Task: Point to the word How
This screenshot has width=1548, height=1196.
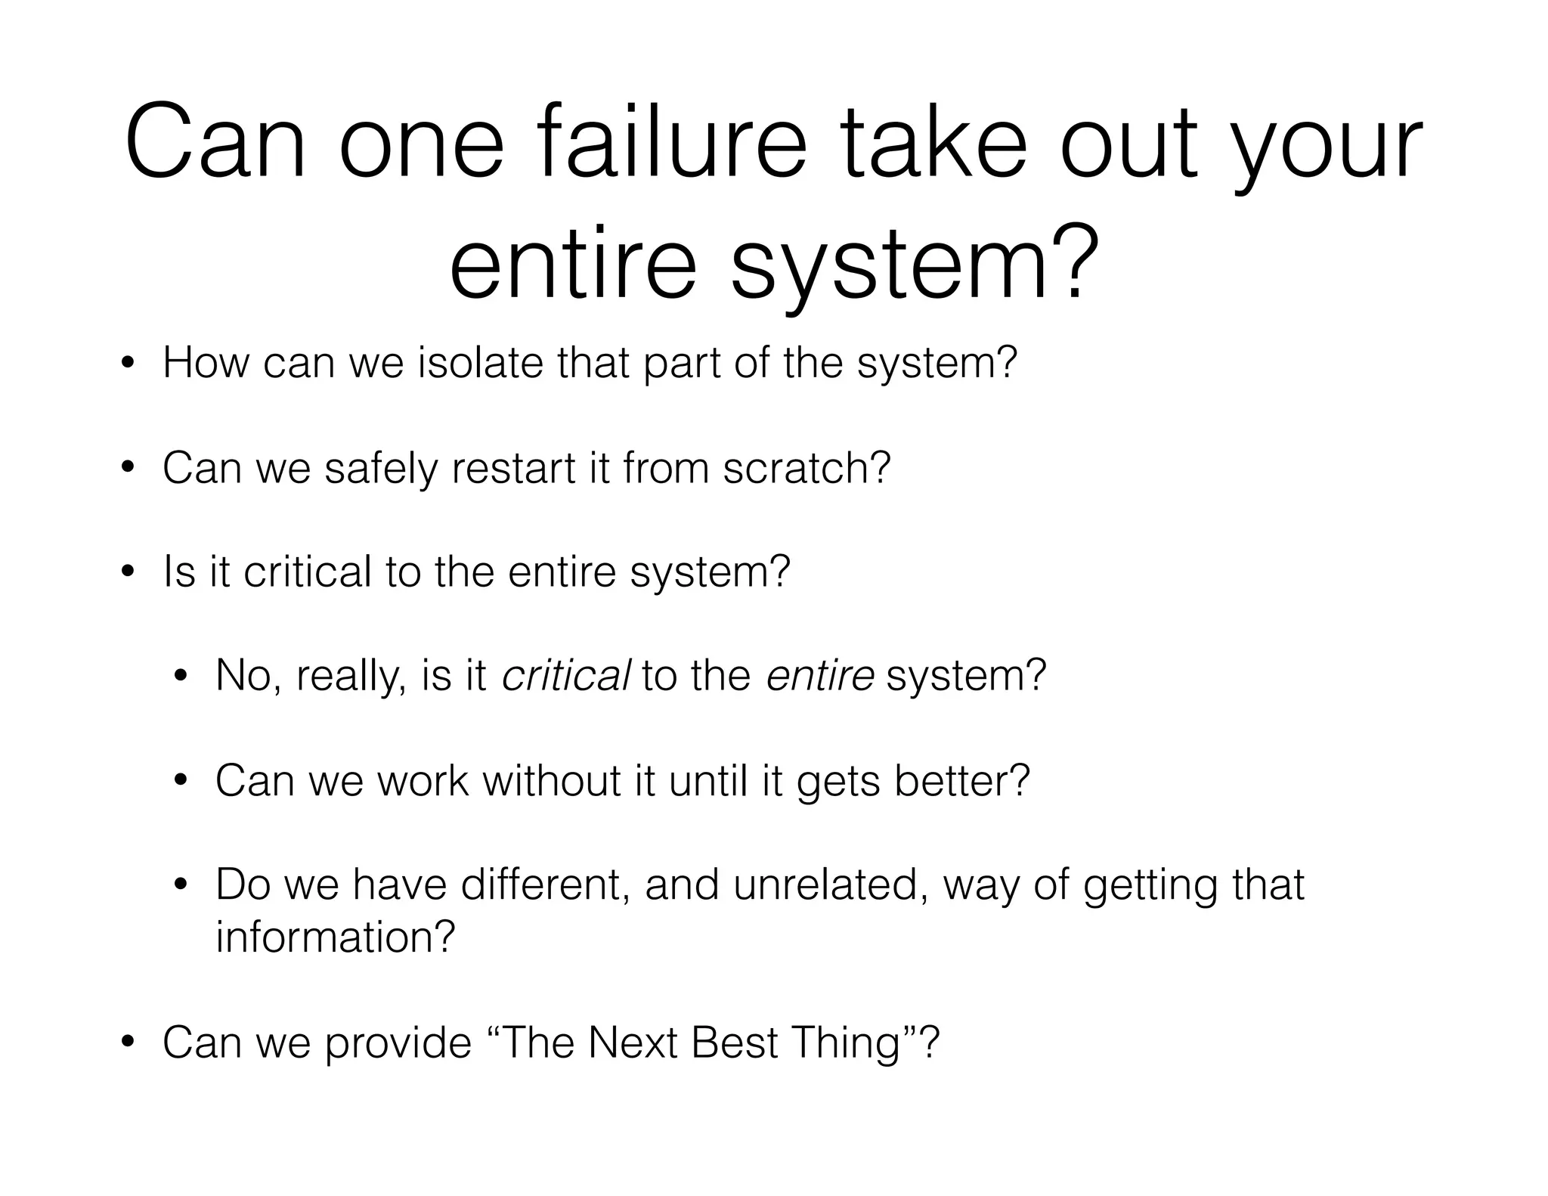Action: [x=206, y=362]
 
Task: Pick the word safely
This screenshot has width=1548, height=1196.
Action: [x=381, y=468]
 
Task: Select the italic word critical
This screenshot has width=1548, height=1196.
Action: [x=565, y=675]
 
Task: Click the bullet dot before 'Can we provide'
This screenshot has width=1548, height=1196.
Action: [x=128, y=1043]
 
